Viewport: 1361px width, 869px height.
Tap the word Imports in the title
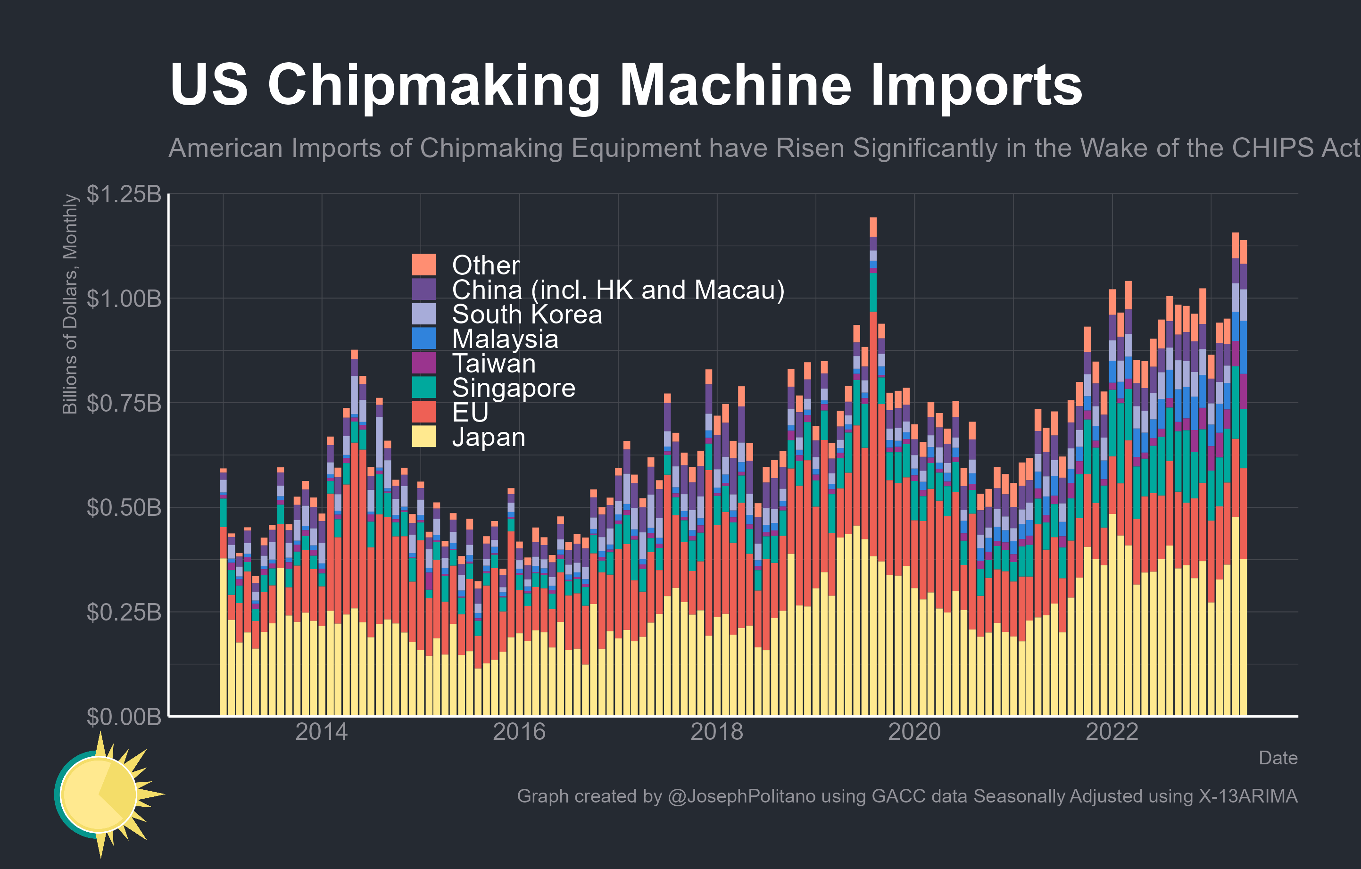[x=976, y=85]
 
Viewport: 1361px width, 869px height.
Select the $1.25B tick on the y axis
[x=124, y=194]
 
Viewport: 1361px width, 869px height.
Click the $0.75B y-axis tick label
[x=124, y=404]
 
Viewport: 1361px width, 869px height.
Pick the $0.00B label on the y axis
[x=124, y=716]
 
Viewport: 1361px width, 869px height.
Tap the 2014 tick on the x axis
[x=322, y=732]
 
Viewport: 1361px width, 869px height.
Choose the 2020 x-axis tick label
[x=914, y=732]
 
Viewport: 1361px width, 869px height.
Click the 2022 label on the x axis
[x=1112, y=732]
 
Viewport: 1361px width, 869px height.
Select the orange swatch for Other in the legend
[x=424, y=265]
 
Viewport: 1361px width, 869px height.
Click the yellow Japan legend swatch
[x=424, y=436]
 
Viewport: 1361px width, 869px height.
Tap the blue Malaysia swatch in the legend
[x=424, y=338]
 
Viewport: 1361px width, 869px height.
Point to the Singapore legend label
[x=513, y=388]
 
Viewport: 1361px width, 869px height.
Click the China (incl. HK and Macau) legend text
[x=618, y=290]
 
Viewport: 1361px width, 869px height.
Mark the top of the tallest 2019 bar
[x=873, y=218]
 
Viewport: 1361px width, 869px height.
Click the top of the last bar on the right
[x=1244, y=241]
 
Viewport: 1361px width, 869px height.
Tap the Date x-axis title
[x=1278, y=758]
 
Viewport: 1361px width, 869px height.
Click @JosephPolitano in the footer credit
[x=741, y=796]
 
